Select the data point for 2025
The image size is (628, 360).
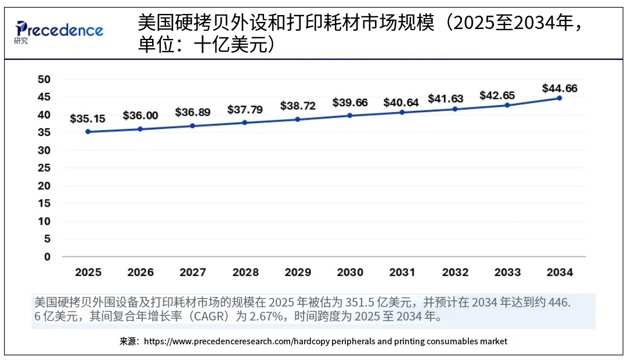88,132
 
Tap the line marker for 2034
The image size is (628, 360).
560,98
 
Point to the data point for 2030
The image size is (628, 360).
350,116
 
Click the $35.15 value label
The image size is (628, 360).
88,119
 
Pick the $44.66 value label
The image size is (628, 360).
560,88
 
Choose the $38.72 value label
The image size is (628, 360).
298,106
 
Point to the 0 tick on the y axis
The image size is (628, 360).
48,257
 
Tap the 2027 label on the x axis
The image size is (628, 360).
193,272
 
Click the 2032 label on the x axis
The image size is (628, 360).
455,272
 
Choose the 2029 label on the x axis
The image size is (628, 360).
298,272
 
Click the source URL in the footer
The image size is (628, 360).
325,341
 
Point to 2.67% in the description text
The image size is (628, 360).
265,317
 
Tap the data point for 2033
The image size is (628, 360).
507,105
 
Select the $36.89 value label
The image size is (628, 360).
193,111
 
